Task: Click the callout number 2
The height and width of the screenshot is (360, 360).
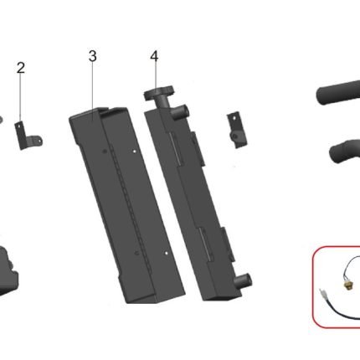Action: point(21,68)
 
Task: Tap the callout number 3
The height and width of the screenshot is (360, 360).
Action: point(93,56)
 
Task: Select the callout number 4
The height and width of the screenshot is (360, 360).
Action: point(154,56)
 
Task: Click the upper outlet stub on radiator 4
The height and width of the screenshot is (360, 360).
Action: point(181,112)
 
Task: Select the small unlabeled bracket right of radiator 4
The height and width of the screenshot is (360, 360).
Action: point(237,130)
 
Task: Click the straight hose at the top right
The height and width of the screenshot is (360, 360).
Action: point(338,92)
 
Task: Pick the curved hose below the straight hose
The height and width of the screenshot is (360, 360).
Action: point(345,152)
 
